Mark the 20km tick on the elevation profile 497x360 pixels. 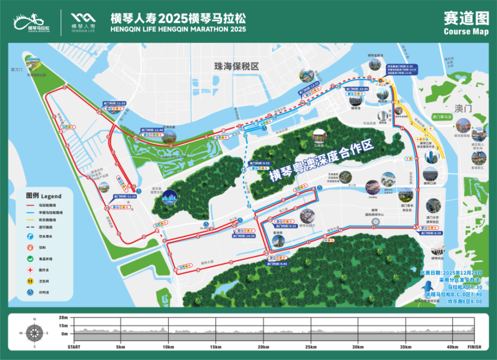click(263, 347)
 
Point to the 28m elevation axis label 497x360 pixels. click(63, 317)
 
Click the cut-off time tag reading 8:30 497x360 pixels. click(430, 233)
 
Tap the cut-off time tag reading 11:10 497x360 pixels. click(125, 196)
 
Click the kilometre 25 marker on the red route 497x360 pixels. click(106, 207)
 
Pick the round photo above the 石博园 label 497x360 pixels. click(318, 136)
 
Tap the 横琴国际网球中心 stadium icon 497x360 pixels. click(375, 222)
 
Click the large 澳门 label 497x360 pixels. click(463, 109)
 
